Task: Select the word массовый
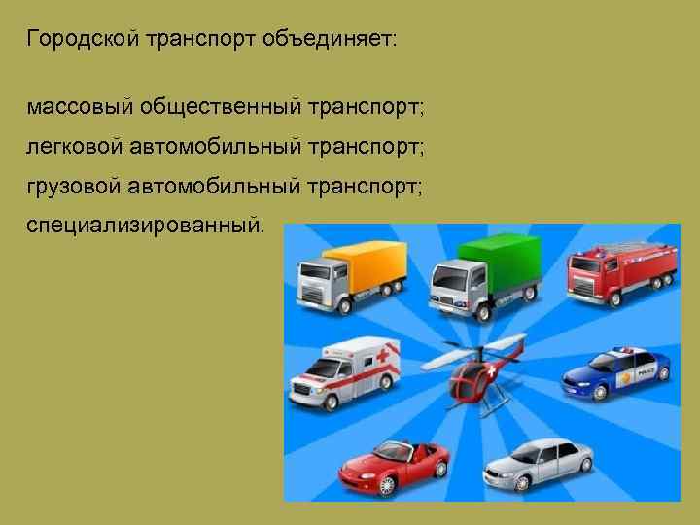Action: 79,105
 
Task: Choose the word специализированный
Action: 145,225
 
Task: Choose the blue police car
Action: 616,372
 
